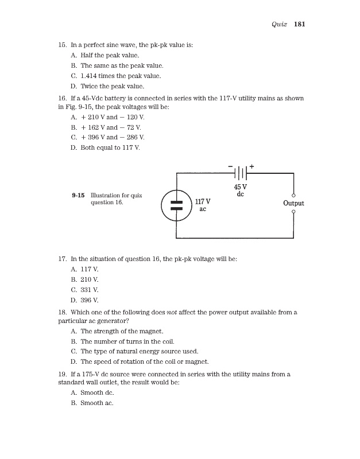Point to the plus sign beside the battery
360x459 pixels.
(251, 166)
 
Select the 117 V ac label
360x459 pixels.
(202, 205)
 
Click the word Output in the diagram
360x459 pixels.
(293, 203)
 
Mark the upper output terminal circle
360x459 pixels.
(293, 194)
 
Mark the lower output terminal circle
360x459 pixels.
(293, 212)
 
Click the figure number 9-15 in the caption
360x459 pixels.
(79, 195)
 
